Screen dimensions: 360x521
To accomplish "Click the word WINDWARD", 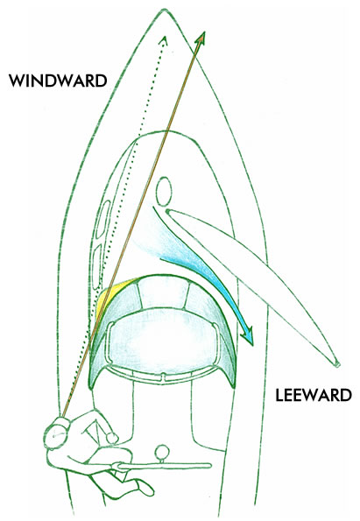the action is [58, 81].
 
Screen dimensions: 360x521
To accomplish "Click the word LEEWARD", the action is [313, 395].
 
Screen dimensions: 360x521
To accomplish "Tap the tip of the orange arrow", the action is [204, 32].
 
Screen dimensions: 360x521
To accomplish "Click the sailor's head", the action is [56, 433].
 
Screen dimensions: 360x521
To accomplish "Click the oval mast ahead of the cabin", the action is [164, 191].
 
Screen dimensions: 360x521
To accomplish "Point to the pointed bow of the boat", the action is [163, 11].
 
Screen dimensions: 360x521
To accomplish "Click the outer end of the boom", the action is [337, 364].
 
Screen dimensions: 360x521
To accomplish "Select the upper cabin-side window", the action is [103, 219].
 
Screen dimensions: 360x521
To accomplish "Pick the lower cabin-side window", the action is [97, 266].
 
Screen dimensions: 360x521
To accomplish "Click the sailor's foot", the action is [145, 488].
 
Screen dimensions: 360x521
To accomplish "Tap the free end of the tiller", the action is [208, 466].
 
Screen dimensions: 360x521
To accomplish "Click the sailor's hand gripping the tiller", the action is [117, 466].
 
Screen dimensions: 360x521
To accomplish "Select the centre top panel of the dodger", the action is [163, 292].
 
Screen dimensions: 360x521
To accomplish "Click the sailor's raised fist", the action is [112, 438].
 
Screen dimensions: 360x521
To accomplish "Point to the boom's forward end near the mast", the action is [168, 211].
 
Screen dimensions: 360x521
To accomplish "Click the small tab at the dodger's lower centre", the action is [163, 377].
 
